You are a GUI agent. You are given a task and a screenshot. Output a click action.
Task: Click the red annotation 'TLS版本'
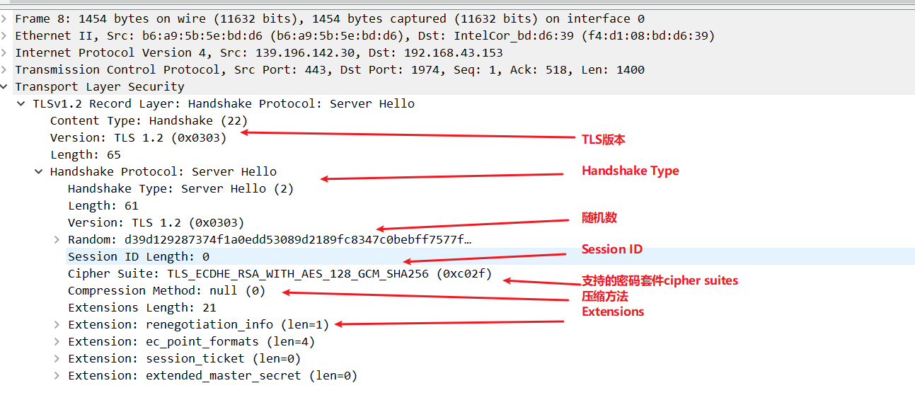point(604,139)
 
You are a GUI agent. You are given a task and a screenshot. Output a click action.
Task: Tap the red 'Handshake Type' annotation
point(631,171)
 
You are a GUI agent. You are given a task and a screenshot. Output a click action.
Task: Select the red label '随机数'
point(599,217)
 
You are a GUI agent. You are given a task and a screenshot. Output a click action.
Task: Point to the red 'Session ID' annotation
point(612,249)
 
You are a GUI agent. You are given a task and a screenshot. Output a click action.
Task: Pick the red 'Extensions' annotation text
point(613,312)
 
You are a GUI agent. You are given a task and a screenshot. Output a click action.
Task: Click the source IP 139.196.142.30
point(305,52)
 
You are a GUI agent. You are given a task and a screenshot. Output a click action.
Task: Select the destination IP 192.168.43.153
point(454,52)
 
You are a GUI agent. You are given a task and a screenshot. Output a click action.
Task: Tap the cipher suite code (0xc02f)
point(464,273)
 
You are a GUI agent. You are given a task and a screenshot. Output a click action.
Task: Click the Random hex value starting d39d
point(298,239)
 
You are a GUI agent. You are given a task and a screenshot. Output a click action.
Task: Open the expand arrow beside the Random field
point(57,240)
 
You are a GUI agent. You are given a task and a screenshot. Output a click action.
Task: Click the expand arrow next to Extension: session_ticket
point(57,359)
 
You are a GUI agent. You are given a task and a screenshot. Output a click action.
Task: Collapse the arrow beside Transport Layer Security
point(4,86)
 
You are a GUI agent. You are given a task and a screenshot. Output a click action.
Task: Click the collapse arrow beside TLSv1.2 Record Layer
point(21,104)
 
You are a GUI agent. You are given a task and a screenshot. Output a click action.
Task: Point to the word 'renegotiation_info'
point(209,325)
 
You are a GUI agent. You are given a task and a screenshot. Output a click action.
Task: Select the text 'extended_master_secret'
point(224,375)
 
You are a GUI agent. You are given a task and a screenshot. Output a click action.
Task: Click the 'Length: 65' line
point(86,155)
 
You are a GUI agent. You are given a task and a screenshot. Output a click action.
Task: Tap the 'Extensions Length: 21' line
point(142,308)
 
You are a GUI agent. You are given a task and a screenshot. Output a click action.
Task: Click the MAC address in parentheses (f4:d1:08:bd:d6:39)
point(648,36)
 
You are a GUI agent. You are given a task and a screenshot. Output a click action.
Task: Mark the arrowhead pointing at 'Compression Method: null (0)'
point(286,292)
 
